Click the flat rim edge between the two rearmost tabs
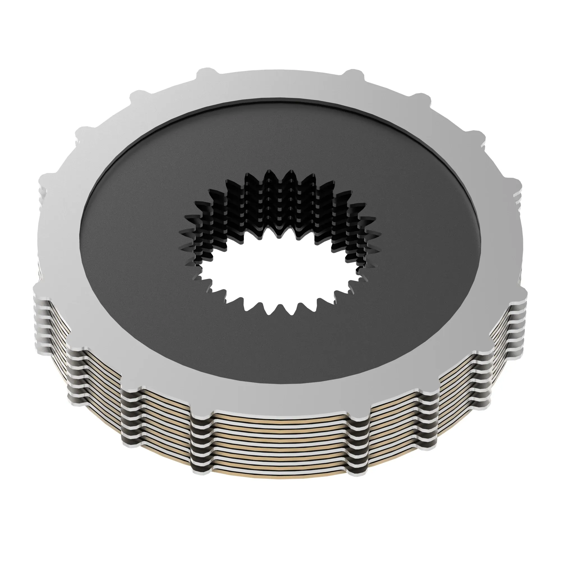click(x=279, y=71)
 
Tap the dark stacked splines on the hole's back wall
click(x=279, y=203)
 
